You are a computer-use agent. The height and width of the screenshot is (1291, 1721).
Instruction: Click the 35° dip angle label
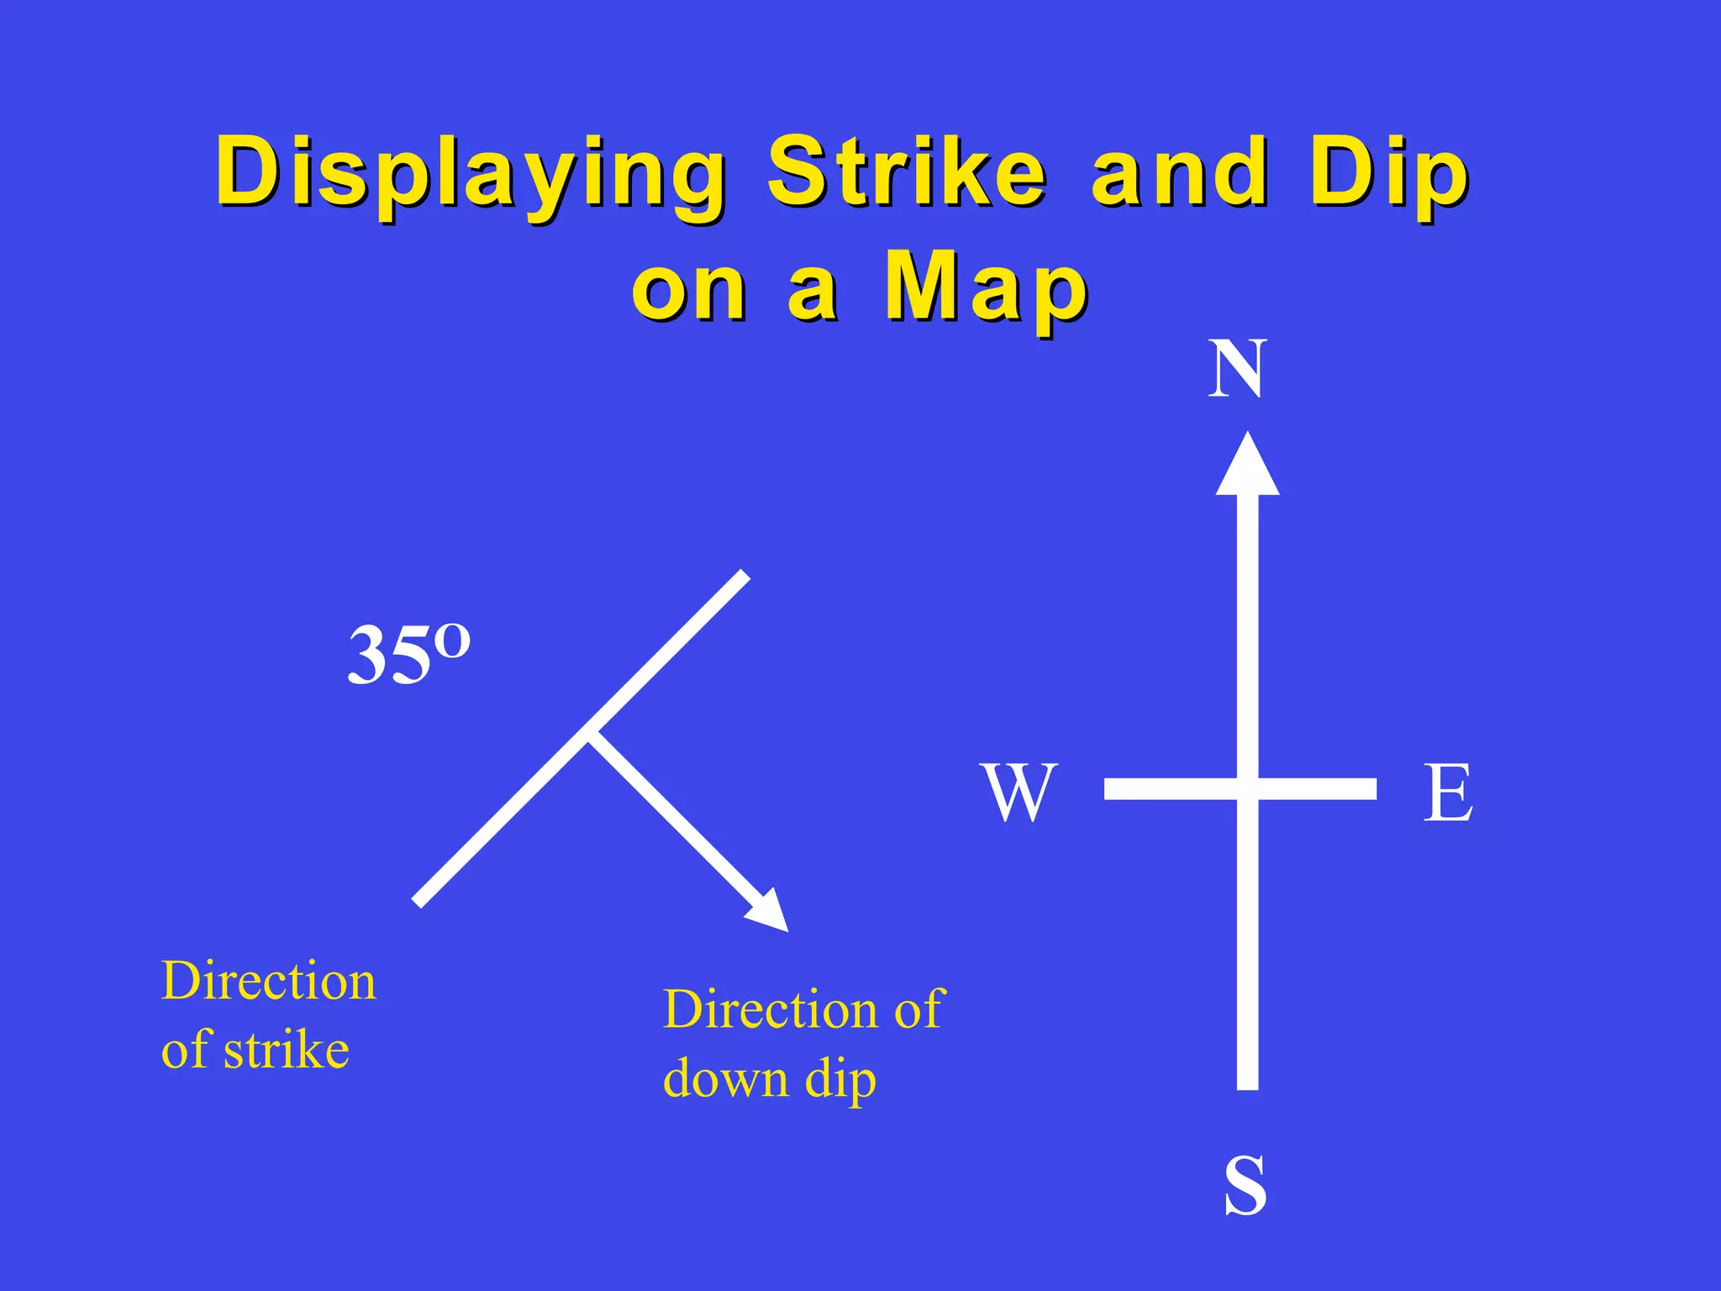click(408, 654)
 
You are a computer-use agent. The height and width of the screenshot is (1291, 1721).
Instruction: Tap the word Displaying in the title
click(471, 172)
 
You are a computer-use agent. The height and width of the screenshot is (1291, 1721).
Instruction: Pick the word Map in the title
click(987, 288)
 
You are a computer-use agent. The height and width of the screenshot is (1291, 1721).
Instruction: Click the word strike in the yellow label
click(286, 1051)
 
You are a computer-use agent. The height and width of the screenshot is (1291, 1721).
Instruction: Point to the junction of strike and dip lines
click(590, 730)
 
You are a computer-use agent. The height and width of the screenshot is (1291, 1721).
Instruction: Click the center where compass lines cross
click(1248, 788)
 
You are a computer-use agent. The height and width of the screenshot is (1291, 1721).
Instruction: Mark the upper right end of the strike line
click(744, 576)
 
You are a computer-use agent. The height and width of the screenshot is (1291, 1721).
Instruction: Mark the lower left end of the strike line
click(418, 902)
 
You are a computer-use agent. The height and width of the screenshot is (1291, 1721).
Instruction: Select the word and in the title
click(1178, 172)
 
